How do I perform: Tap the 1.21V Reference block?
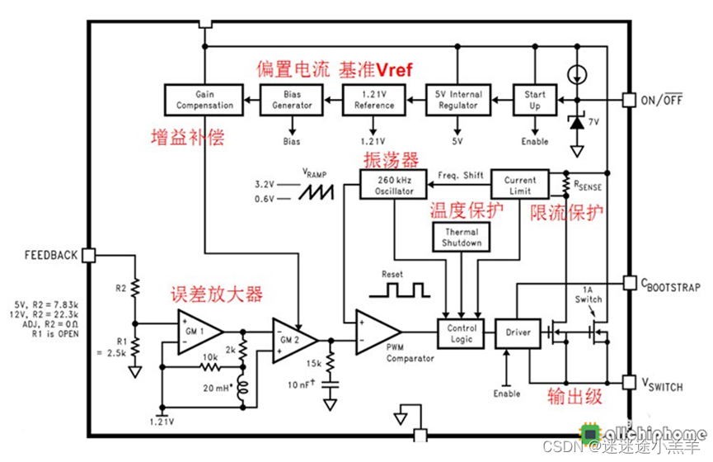[x=373, y=100]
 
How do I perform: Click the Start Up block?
[x=535, y=100]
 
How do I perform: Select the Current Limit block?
[x=519, y=184]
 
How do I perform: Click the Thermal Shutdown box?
[x=461, y=238]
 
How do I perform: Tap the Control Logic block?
[x=462, y=333]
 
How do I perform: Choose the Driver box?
[x=513, y=333]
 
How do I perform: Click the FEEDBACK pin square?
[x=90, y=255]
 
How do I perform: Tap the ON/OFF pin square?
[x=631, y=100]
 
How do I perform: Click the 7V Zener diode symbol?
[x=577, y=122]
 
